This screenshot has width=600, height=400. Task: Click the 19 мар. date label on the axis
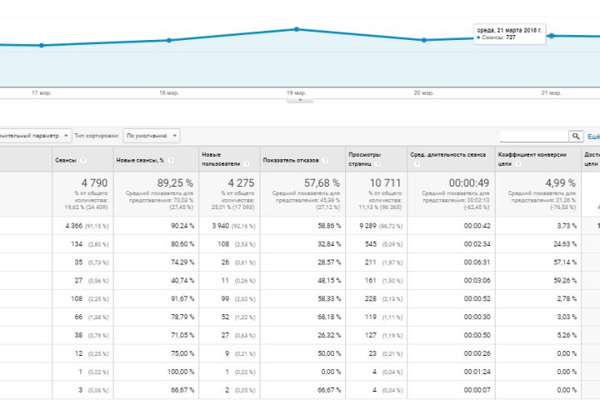pos(296,93)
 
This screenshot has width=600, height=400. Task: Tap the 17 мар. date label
pos(42,93)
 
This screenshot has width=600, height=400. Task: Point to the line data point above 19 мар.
pos(297,29)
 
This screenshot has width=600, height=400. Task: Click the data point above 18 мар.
pos(169,40)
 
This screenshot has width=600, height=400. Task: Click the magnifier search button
pos(576,136)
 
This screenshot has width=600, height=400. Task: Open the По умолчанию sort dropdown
pos(151,135)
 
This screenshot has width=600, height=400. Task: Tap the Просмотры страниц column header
pos(364,157)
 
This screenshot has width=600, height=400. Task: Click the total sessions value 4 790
pos(95,182)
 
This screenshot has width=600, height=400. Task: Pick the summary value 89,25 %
pos(173,182)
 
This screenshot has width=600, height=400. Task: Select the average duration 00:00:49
pos(467,182)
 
